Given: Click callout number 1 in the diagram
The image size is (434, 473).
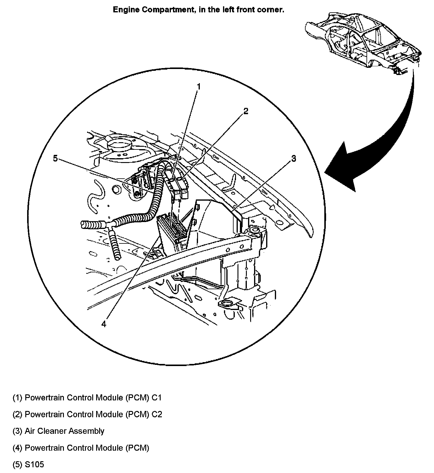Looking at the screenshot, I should (x=199, y=87).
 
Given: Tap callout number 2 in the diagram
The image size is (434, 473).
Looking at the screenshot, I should (x=246, y=111).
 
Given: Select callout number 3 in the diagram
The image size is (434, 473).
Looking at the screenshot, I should (x=294, y=158).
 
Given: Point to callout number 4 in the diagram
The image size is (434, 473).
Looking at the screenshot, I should (x=104, y=324).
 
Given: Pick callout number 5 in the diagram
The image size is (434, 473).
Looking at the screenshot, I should (x=55, y=158).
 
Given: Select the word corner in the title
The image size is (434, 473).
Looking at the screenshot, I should (x=272, y=10).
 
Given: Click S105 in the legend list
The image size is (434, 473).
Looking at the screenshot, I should (x=34, y=464).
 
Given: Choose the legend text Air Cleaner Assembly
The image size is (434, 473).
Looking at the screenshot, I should (x=64, y=431).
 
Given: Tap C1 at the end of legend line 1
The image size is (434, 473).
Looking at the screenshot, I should (x=156, y=398).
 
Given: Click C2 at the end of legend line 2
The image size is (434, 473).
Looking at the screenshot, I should (x=157, y=414).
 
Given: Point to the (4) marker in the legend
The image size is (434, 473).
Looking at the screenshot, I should (x=17, y=448).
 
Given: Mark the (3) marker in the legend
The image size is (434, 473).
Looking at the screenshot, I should (x=17, y=431).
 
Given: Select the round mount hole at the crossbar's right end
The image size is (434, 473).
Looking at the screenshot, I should (x=255, y=230).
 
